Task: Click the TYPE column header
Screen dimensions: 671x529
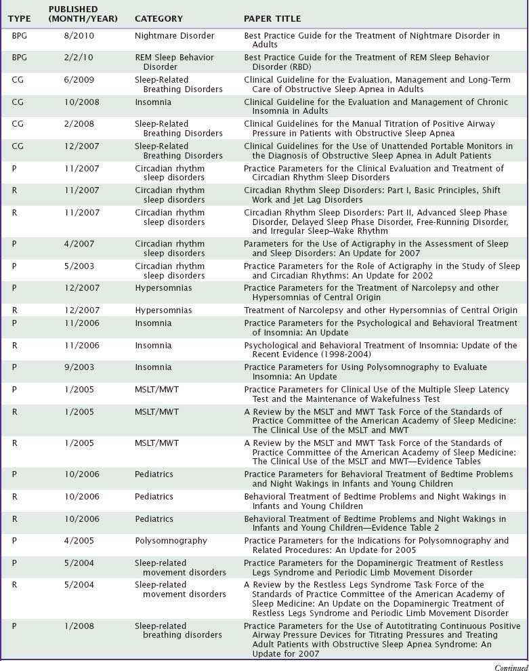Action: (20, 18)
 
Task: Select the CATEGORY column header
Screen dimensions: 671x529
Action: (158, 18)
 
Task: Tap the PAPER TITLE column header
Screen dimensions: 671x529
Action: (272, 18)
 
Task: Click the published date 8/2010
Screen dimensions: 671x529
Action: (76, 36)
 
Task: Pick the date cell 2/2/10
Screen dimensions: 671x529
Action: (78, 58)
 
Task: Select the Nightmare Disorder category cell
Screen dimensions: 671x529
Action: (174, 36)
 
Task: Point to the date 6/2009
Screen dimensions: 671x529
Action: (76, 80)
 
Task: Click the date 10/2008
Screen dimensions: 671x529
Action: (79, 102)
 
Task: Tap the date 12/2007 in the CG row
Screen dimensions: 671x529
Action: (79, 146)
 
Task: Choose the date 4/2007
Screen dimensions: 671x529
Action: (76, 244)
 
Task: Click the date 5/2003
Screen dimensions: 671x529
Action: (76, 266)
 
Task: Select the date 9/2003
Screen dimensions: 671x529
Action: (76, 367)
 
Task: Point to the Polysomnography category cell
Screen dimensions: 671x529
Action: (171, 541)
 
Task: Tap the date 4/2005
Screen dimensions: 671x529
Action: (76, 541)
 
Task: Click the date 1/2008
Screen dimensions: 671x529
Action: (76, 626)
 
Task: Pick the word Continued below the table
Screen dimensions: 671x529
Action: (511, 667)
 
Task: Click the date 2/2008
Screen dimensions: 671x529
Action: (76, 124)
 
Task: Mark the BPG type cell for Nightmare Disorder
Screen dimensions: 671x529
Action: (20, 36)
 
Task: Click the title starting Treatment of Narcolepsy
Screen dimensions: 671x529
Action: (380, 310)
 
